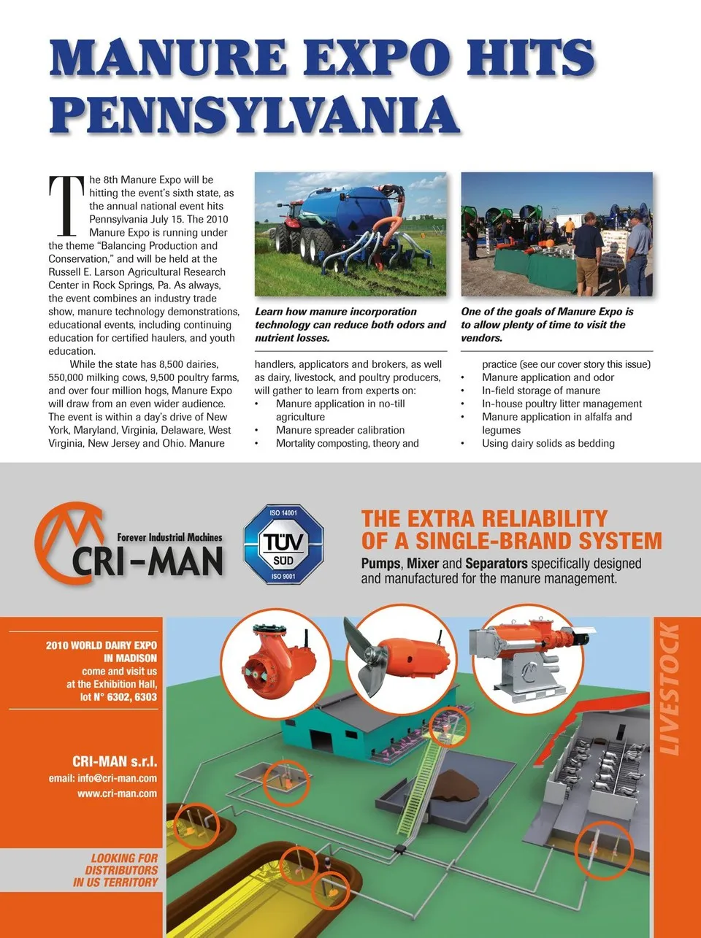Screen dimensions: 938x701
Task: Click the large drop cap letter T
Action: click(x=66, y=206)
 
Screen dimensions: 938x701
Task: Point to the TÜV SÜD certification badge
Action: click(x=283, y=543)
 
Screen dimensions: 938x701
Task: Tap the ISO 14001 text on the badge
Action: click(x=283, y=513)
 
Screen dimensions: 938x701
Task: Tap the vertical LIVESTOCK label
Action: click(x=669, y=689)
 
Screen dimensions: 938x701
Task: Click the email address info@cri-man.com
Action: click(x=103, y=778)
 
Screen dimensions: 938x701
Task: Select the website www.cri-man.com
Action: click(x=117, y=793)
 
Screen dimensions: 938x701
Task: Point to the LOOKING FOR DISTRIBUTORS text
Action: click(x=116, y=870)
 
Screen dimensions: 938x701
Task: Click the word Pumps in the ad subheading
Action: click(x=380, y=564)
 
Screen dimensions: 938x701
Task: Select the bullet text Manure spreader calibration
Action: click(x=340, y=430)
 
